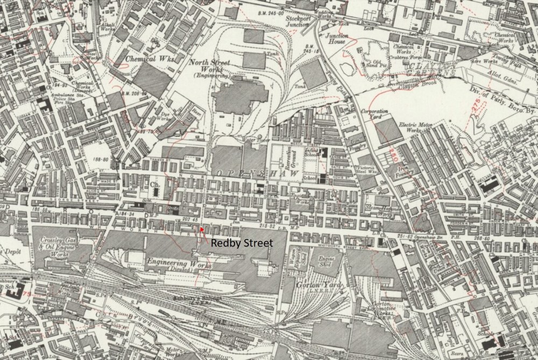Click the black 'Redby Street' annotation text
pos(242,243)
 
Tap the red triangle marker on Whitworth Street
pos(201,229)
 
